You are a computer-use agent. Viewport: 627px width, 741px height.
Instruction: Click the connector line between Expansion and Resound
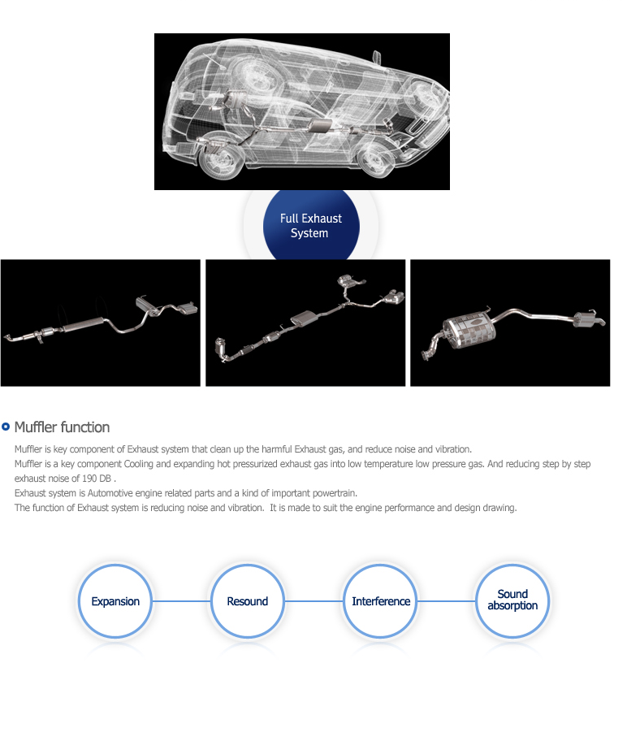point(181,601)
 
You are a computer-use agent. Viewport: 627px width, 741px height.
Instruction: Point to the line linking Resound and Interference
point(313,601)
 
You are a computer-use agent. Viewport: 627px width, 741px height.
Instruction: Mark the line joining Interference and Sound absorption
point(446,601)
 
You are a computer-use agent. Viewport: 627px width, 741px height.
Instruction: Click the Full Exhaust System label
point(310,225)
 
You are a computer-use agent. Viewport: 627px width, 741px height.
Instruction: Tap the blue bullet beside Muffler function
point(6,427)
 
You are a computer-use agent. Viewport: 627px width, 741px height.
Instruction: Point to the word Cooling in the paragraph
point(138,464)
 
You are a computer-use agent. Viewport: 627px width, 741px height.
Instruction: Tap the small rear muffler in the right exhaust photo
point(586,318)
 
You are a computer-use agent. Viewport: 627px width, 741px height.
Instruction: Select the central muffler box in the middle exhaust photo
point(304,318)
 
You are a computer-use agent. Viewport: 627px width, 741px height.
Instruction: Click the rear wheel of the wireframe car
point(221,158)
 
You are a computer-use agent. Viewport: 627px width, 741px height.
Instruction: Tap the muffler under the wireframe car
point(320,126)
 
